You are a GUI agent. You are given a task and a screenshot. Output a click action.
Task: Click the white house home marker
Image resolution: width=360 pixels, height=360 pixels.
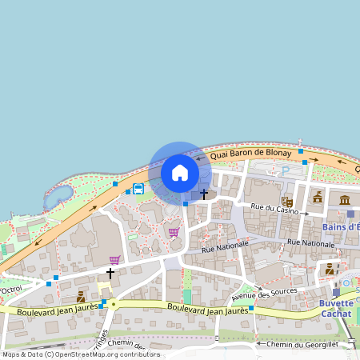[180, 173]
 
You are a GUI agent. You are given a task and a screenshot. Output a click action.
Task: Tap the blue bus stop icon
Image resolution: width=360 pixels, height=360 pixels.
[138, 190]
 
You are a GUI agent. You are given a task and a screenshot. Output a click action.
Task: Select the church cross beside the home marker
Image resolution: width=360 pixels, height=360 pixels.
[204, 194]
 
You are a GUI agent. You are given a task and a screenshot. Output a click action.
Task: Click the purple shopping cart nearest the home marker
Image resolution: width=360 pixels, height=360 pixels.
[174, 232]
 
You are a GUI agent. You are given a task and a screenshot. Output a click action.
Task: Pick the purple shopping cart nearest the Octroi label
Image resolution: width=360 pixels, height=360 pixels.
[114, 260]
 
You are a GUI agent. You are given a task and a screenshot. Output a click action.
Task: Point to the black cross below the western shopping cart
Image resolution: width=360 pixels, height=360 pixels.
[110, 273]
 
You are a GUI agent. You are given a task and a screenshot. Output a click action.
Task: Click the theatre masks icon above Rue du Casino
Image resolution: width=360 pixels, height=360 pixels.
[286, 202]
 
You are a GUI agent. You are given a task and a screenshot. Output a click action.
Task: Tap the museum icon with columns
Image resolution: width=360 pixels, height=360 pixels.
[345, 198]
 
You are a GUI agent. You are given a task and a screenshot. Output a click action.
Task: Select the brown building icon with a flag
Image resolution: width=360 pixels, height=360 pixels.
[318, 197]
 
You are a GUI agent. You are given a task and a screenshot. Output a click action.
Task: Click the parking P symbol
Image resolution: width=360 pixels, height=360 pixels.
[285, 170]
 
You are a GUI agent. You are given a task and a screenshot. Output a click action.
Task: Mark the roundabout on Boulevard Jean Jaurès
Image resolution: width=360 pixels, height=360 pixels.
[114, 304]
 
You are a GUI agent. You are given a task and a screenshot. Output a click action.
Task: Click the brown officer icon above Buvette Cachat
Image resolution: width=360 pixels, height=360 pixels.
[329, 269]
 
